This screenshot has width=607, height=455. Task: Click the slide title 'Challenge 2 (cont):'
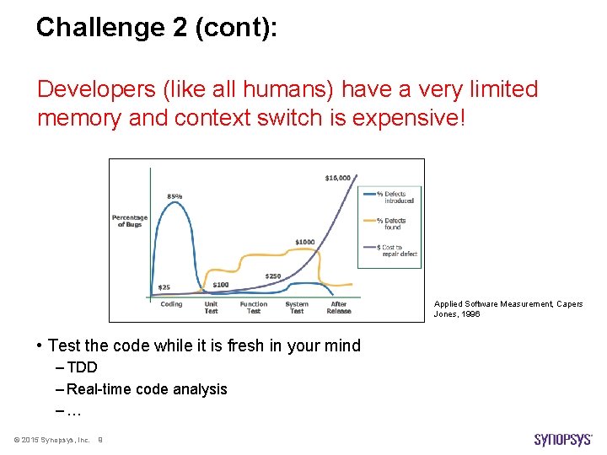pos(157,28)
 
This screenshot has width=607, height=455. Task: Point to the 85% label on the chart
pos(175,196)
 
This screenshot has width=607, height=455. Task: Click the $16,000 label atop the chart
pos(339,178)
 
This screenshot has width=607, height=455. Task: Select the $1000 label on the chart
pos(305,242)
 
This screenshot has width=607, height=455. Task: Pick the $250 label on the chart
pos(273,276)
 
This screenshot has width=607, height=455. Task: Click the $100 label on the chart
pos(221,285)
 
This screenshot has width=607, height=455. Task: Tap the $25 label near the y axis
pos(164,287)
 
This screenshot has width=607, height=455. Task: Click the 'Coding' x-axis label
pos(171,304)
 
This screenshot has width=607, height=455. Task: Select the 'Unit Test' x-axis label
pos(211,308)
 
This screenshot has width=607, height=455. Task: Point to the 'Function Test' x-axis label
pos(253,308)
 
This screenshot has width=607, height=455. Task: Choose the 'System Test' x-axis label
pos(297,308)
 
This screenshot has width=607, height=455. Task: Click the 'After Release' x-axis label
pos(339,308)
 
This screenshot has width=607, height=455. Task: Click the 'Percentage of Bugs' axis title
pos(130,221)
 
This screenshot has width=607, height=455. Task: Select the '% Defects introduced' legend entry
pos(395,197)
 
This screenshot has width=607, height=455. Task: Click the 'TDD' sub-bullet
pos(82,367)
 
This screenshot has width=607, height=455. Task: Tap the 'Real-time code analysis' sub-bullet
pos(147,389)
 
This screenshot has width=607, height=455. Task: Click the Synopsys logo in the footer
pos(563,439)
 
